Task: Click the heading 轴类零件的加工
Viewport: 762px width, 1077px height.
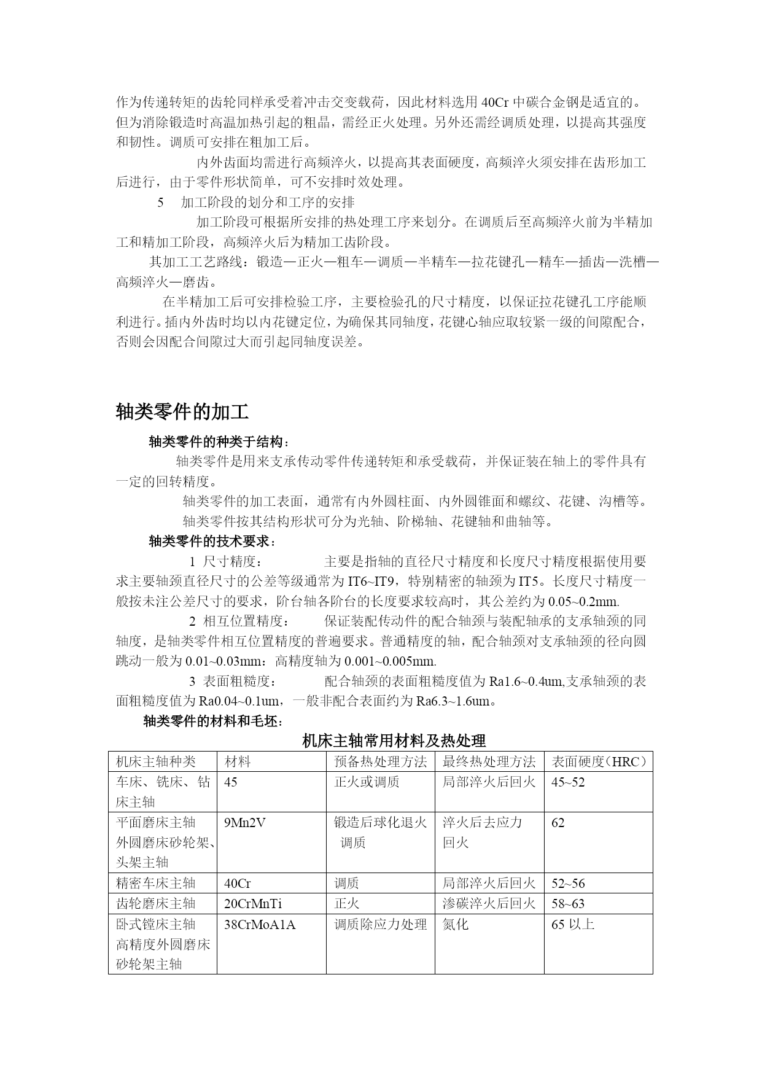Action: click(182, 412)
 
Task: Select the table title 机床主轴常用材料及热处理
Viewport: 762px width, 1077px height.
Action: click(394, 741)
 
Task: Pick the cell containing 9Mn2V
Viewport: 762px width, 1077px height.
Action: click(245, 823)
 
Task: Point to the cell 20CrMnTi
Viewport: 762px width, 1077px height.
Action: click(253, 904)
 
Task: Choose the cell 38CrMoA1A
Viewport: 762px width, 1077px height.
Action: click(260, 924)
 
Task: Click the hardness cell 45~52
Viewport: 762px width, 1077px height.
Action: click(568, 782)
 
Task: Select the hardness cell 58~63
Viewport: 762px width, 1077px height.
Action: click(568, 904)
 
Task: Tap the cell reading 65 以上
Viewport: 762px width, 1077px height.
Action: click(573, 924)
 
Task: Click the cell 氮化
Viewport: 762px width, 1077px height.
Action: click(455, 924)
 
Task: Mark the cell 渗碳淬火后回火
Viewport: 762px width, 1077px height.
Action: click(489, 904)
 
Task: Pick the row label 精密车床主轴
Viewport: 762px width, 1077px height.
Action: click(156, 884)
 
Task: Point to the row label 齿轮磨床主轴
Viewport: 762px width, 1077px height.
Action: click(156, 904)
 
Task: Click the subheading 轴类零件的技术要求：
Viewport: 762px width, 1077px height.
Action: click(212, 542)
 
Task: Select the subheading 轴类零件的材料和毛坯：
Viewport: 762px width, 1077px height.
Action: click(212, 721)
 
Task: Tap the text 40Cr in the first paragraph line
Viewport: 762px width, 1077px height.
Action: click(495, 101)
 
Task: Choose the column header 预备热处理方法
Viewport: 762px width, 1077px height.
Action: click(380, 762)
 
